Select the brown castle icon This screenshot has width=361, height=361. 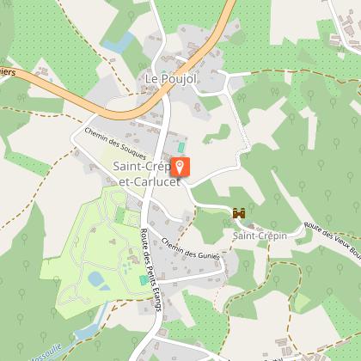click(x=240, y=212)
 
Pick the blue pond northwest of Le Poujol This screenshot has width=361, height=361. click(x=118, y=42)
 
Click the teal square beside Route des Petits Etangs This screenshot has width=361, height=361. click(x=144, y=280)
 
